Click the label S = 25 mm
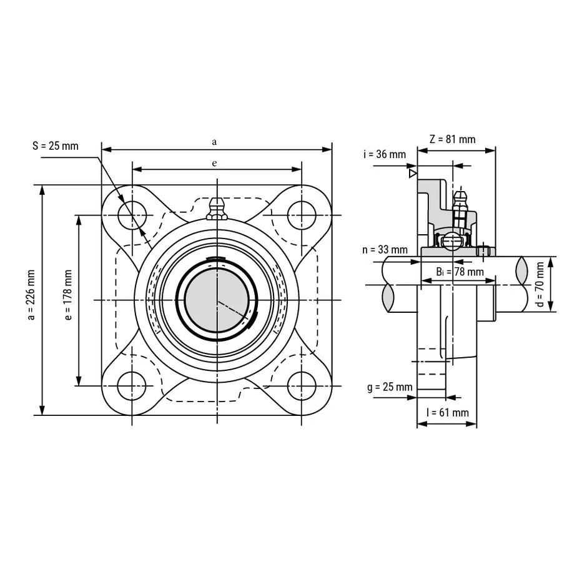coord(55,146)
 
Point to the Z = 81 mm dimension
coord(453,139)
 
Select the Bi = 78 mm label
coord(460,272)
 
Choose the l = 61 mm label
coord(446,413)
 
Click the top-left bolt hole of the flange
coord(132,215)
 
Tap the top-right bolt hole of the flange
coord(301,215)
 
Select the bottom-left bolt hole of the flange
coord(132,385)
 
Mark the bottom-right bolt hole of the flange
coord(301,385)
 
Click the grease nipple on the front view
coord(216,209)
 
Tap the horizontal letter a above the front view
coord(215,142)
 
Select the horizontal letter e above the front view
coord(215,163)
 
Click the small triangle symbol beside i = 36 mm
coord(412,173)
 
